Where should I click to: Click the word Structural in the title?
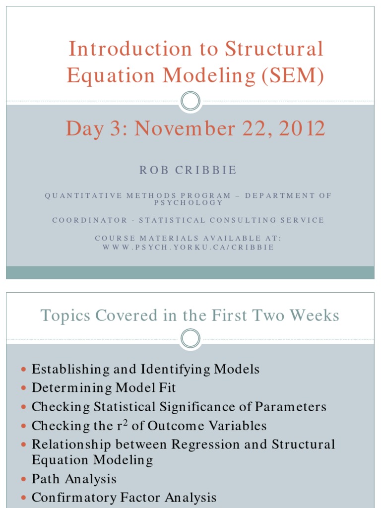pos(274,49)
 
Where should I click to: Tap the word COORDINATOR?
pos(90,220)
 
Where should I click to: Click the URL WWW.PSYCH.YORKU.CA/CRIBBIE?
pos(189,247)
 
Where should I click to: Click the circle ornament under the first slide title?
pos(190,102)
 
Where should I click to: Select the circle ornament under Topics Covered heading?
pos(190,338)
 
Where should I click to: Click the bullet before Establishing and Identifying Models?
pos(24,370)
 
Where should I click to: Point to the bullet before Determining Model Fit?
pos(24,388)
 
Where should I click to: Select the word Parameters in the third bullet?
pos(291,407)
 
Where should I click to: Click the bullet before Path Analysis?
pos(24,480)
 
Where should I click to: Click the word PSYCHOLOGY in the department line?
pos(189,202)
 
